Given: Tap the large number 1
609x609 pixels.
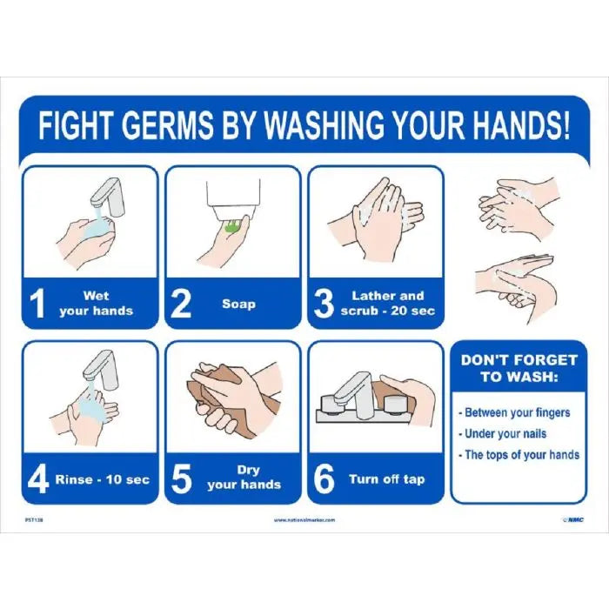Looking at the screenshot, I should tap(38, 304).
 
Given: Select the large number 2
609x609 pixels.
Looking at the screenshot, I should tap(181, 304).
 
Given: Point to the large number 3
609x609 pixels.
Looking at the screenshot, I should tap(324, 304).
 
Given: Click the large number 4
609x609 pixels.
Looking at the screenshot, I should tap(38, 479).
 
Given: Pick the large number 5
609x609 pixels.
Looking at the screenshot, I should tap(181, 479).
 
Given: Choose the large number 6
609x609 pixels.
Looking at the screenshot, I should tap(324, 479).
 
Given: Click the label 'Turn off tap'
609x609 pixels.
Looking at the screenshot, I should tap(387, 479).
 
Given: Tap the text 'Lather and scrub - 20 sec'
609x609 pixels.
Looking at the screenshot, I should tap(387, 304).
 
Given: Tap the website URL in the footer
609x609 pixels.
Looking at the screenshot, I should tap(304, 519).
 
